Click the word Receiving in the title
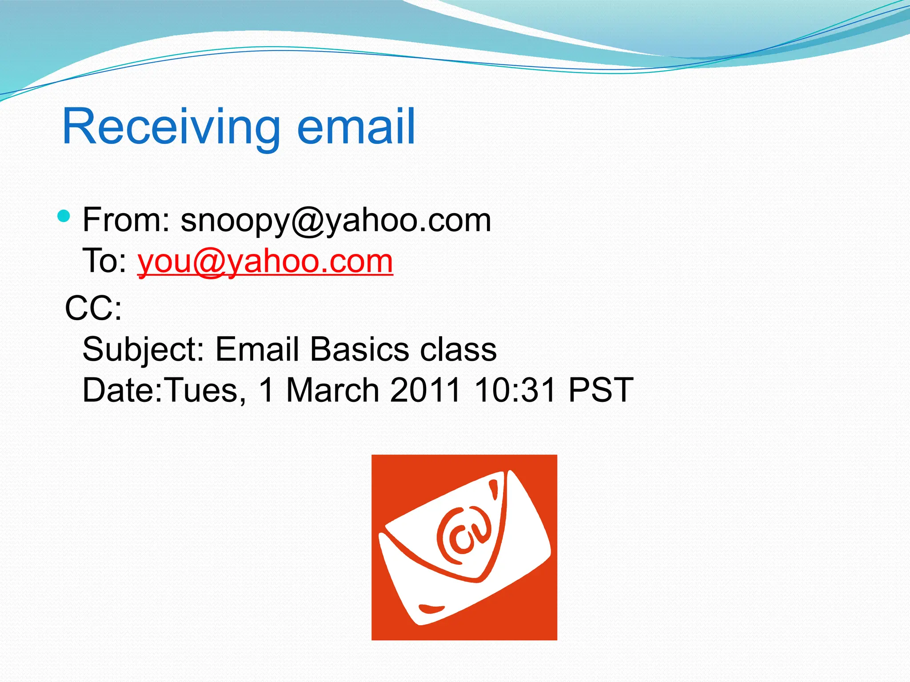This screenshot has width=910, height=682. tap(171, 127)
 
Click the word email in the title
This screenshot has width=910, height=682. tap(355, 127)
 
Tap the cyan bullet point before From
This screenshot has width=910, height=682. tap(64, 216)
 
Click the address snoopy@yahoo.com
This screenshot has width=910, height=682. tap(335, 221)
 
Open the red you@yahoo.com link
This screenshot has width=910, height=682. tap(265, 262)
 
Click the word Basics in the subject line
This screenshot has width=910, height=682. tap(359, 349)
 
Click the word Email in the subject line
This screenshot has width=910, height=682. tap(257, 349)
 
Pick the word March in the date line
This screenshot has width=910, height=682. tap(332, 390)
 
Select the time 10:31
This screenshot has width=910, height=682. tap(515, 390)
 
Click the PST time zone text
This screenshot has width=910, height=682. tap(600, 390)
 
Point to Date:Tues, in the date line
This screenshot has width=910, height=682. tap(164, 390)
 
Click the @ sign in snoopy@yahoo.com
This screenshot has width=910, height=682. tap(308, 221)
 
